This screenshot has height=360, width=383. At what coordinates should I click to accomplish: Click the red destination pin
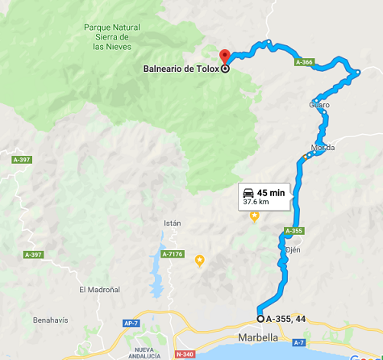coord(227,56)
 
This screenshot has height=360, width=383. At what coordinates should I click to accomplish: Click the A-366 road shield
coord(304,62)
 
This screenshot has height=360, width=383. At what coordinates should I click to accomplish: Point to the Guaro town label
coord(319,105)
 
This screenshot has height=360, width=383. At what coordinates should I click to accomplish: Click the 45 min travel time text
coord(271,192)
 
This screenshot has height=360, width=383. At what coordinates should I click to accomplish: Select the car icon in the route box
coord(248,193)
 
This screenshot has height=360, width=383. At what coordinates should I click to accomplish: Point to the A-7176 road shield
coord(173,255)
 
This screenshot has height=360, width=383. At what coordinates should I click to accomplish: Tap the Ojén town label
coord(293,250)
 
